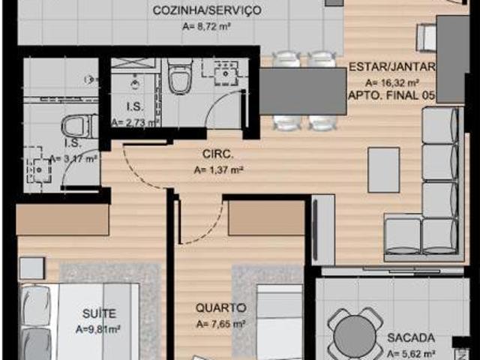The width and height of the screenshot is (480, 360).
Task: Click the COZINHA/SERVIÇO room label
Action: coord(206,10)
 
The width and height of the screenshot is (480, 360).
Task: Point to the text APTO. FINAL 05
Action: coord(391,96)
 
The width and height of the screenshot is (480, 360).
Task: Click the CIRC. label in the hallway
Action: coord(218,155)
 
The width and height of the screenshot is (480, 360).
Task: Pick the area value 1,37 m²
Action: coord(218,170)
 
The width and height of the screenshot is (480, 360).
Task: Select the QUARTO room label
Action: coord(220,308)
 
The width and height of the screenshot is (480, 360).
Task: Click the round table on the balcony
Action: coord(355,335)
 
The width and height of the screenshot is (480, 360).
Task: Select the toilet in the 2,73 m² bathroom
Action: coord(181,78)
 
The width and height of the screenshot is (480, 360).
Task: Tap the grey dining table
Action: coord(303,90)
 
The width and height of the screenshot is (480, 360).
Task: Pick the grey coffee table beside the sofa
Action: coord(383,169)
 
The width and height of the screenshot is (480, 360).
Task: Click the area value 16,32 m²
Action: coord(391,82)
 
